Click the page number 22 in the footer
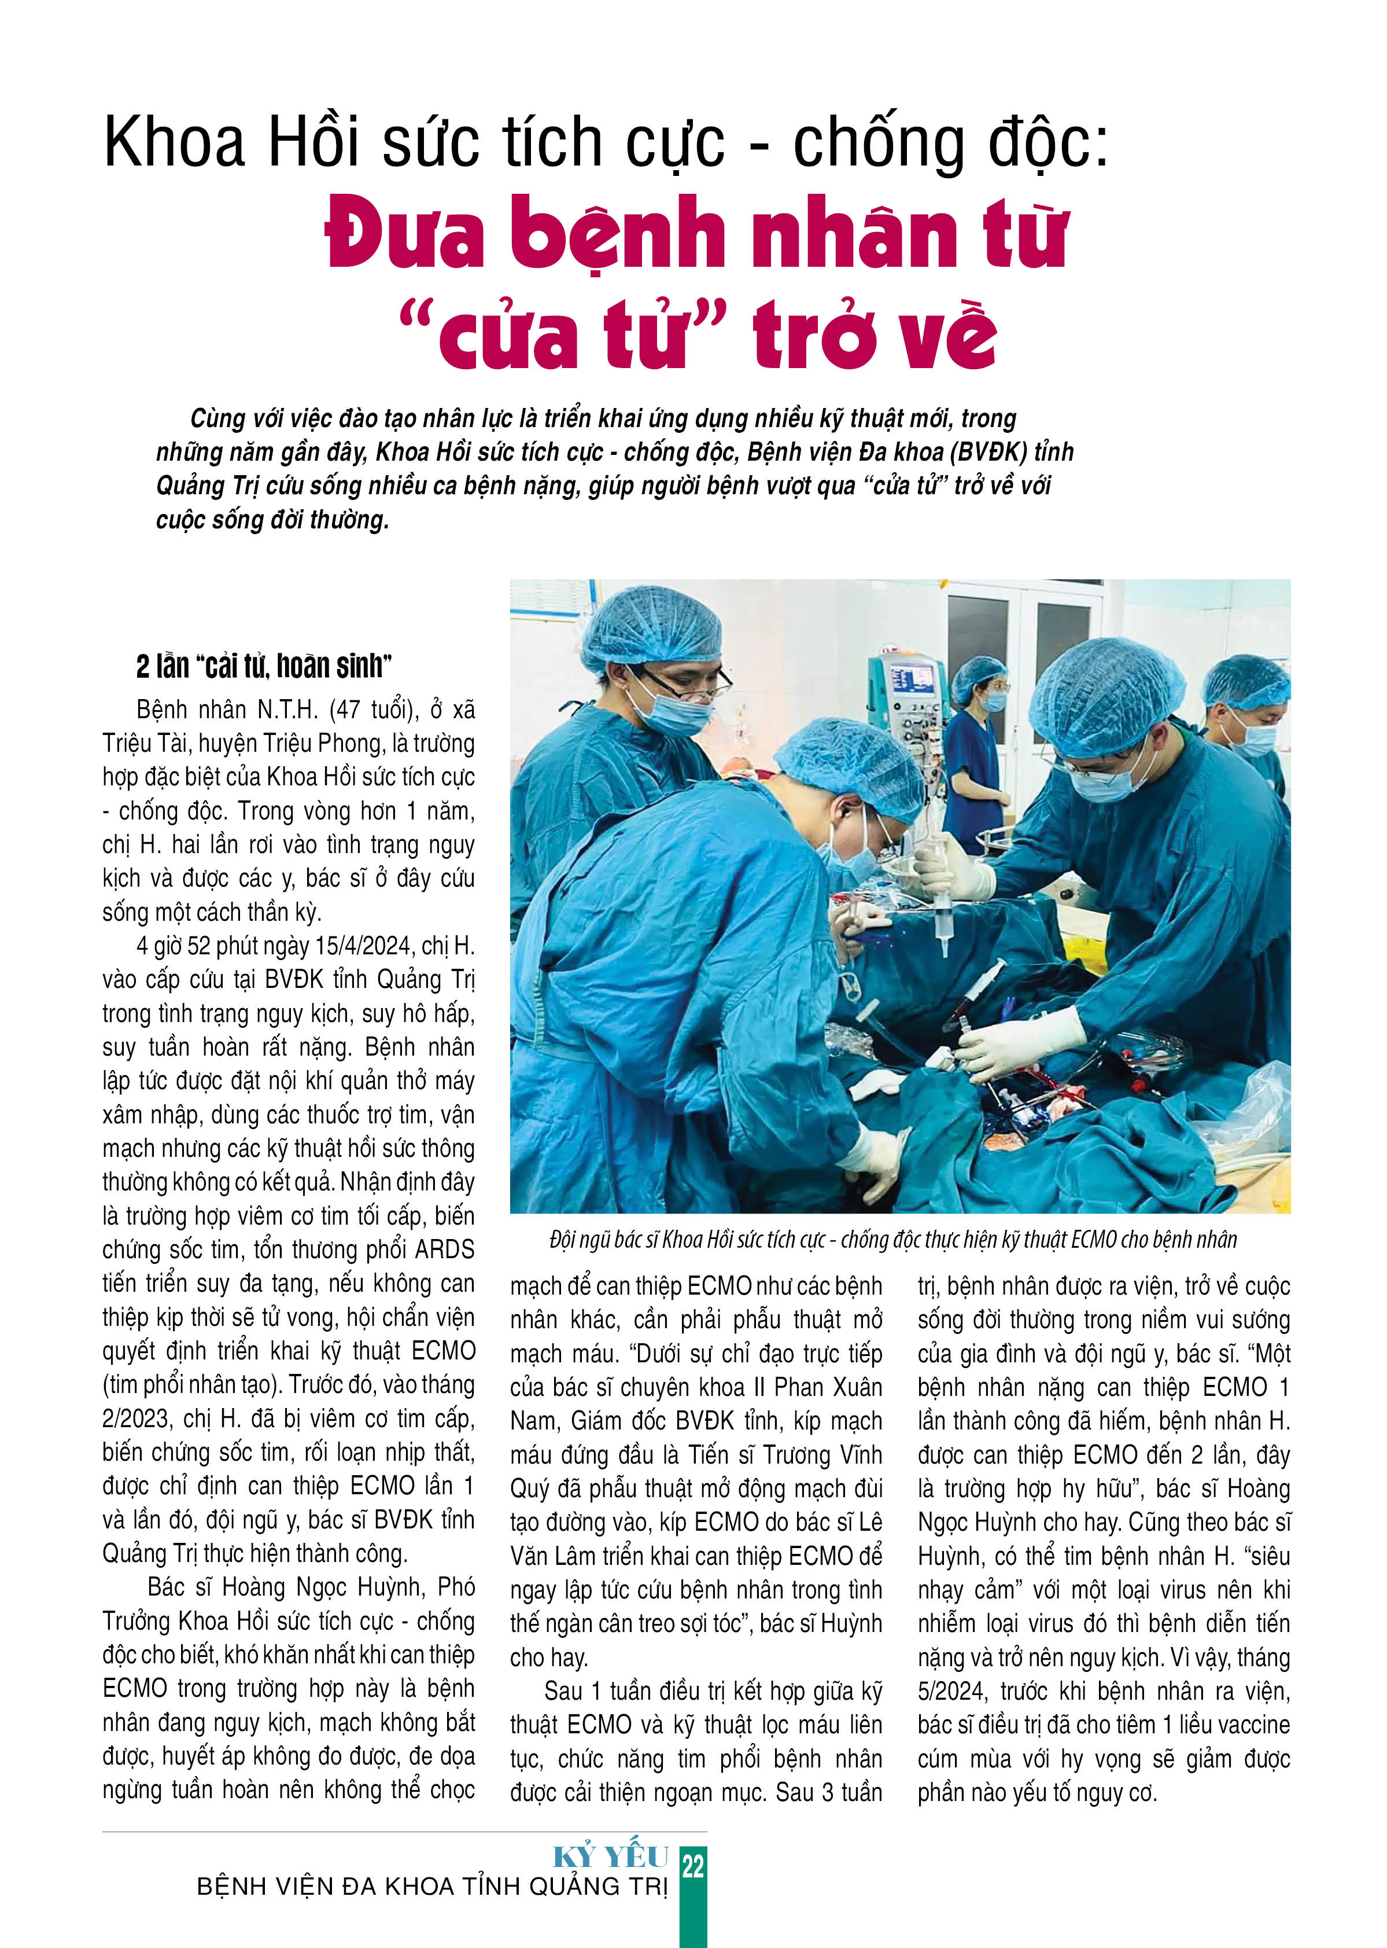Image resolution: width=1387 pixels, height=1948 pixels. click(x=693, y=1866)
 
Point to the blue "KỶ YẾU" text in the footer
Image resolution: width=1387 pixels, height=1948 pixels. click(x=611, y=1857)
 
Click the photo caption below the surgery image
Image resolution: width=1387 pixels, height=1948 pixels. click(x=892, y=1240)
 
